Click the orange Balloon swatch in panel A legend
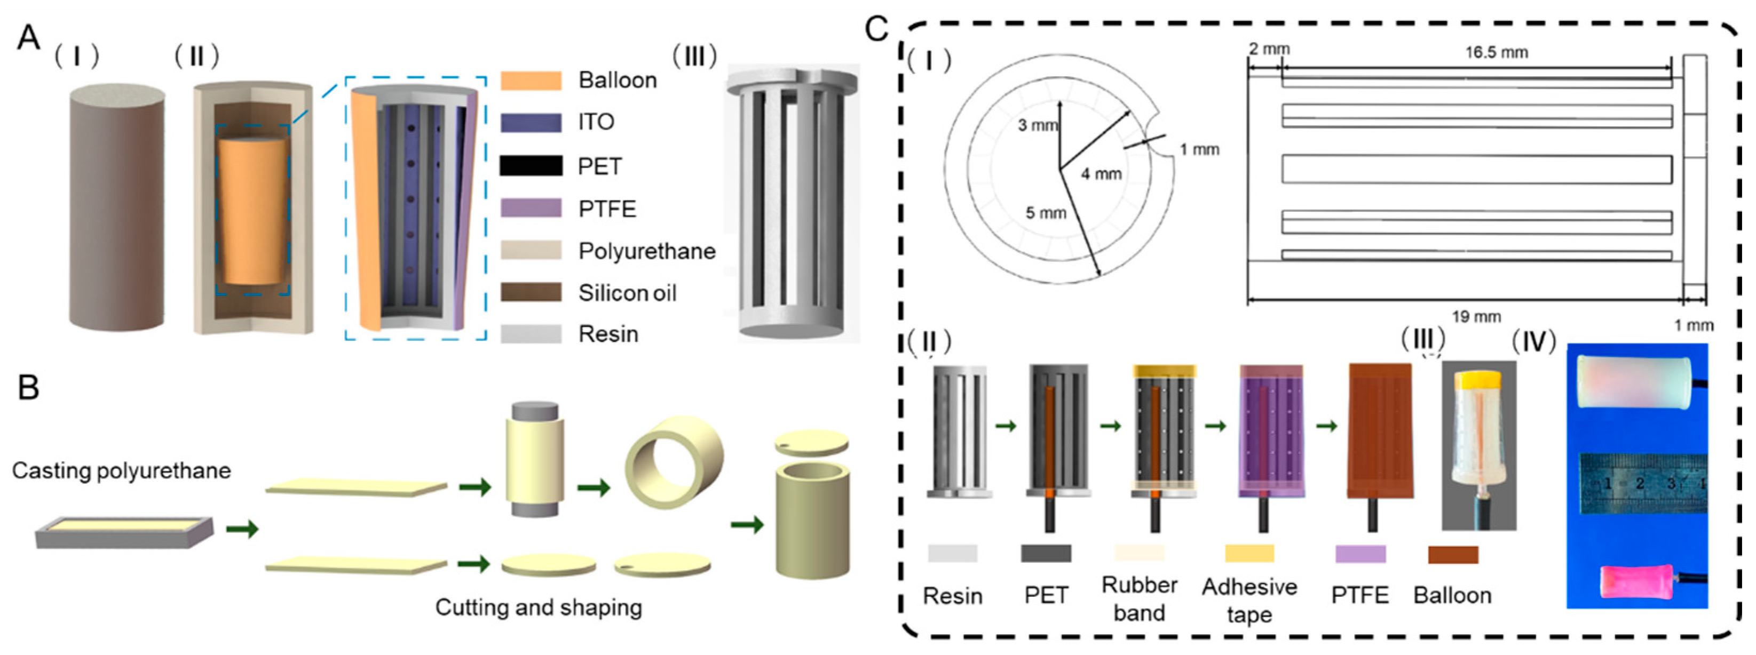(x=531, y=81)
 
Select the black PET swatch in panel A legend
(x=531, y=166)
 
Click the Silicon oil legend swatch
(x=531, y=292)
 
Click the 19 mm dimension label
(x=1476, y=317)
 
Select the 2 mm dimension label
(x=1269, y=49)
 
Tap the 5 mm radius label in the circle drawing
(x=1045, y=213)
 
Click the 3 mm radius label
(x=1037, y=125)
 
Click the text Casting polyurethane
(x=121, y=470)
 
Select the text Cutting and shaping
(x=539, y=608)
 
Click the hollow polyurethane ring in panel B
(x=674, y=461)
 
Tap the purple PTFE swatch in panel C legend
(x=1359, y=554)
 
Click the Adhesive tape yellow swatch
(x=1249, y=554)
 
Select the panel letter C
(x=876, y=29)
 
